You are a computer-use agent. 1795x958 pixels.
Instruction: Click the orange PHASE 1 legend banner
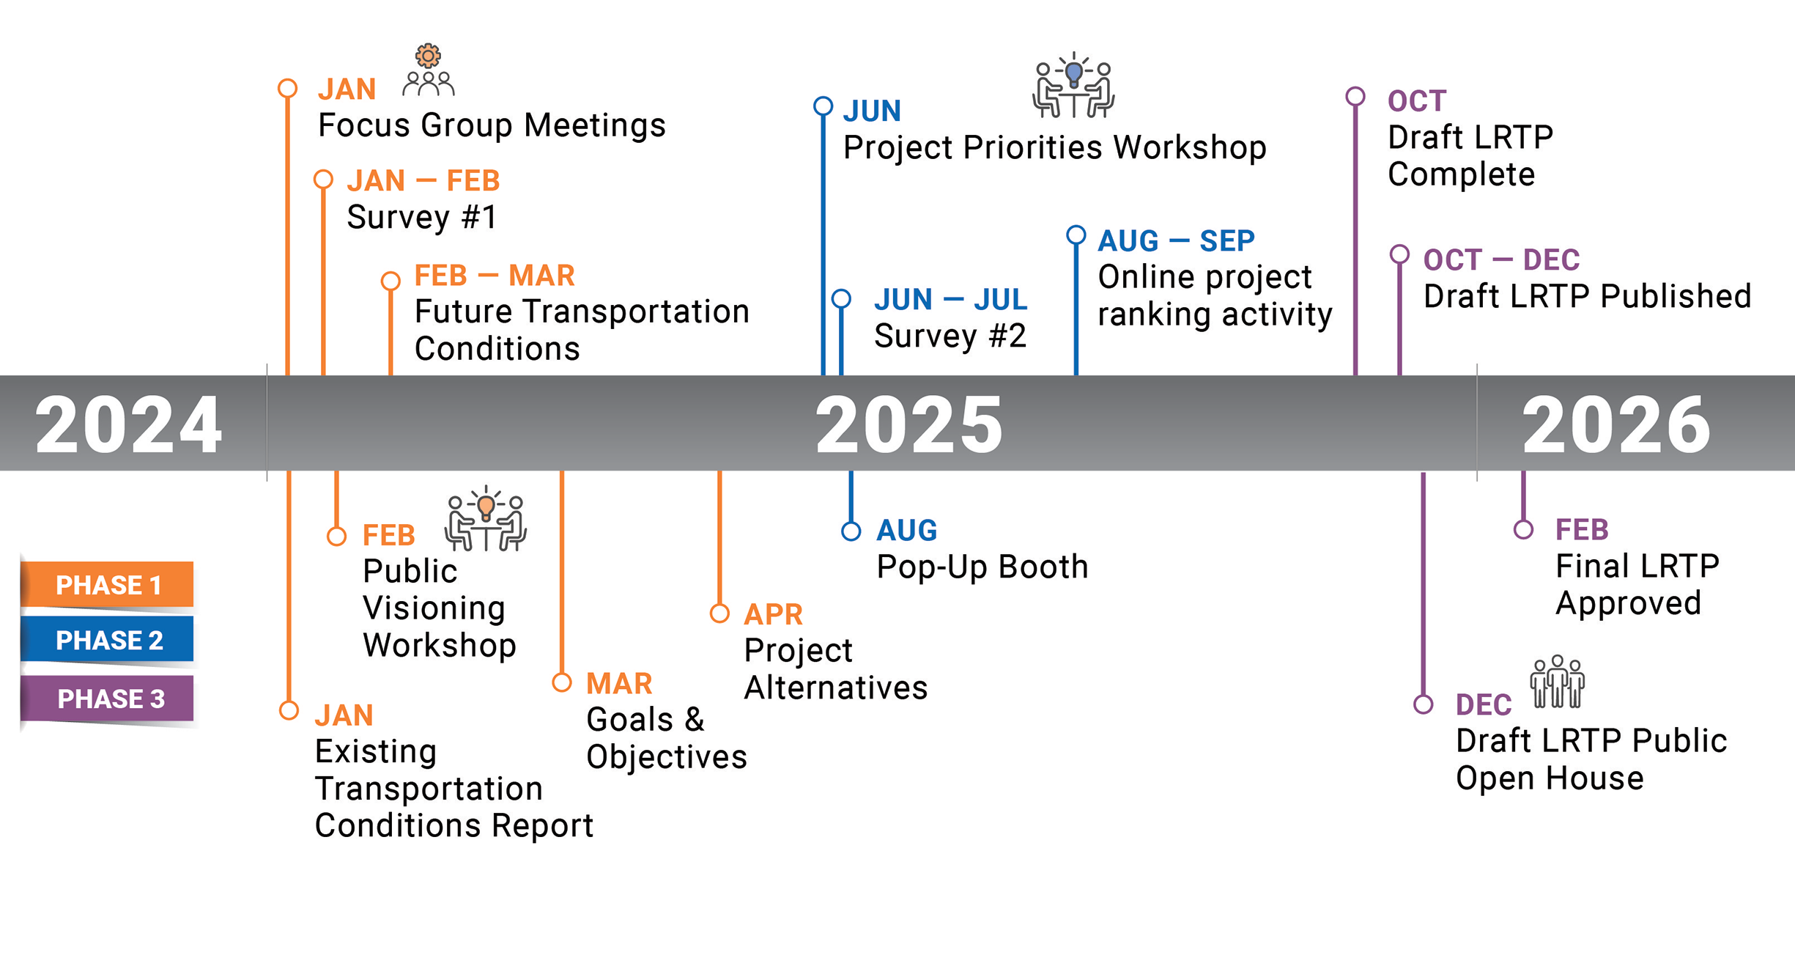coord(107,584)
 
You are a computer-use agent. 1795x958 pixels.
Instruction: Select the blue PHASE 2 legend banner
coord(107,639)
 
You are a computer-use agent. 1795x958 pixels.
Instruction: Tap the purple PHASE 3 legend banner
coord(107,698)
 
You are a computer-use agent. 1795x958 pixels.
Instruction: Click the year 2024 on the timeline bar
coord(128,424)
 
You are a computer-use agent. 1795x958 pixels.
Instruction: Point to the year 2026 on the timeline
coord(1616,424)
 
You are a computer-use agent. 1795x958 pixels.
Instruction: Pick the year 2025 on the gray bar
coord(909,424)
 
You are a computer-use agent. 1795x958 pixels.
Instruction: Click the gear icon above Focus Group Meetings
coord(429,56)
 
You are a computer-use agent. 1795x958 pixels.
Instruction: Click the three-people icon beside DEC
coord(1558,682)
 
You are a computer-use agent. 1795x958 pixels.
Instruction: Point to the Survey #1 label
coord(423,218)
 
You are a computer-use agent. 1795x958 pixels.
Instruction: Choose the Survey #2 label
coord(950,336)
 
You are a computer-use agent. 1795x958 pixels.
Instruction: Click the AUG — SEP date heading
coord(1176,240)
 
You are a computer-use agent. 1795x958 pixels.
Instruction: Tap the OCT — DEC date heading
coord(1501,259)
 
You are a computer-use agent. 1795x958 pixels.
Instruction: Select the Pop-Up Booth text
coord(982,567)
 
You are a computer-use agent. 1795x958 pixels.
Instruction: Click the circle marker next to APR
coord(719,614)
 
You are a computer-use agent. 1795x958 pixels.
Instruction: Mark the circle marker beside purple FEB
coord(1524,529)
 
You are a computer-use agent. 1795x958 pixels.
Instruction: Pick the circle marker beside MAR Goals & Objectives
coord(562,682)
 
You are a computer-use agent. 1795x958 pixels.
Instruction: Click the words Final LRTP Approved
coord(1637,585)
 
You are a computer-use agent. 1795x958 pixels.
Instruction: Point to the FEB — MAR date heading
coord(495,276)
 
